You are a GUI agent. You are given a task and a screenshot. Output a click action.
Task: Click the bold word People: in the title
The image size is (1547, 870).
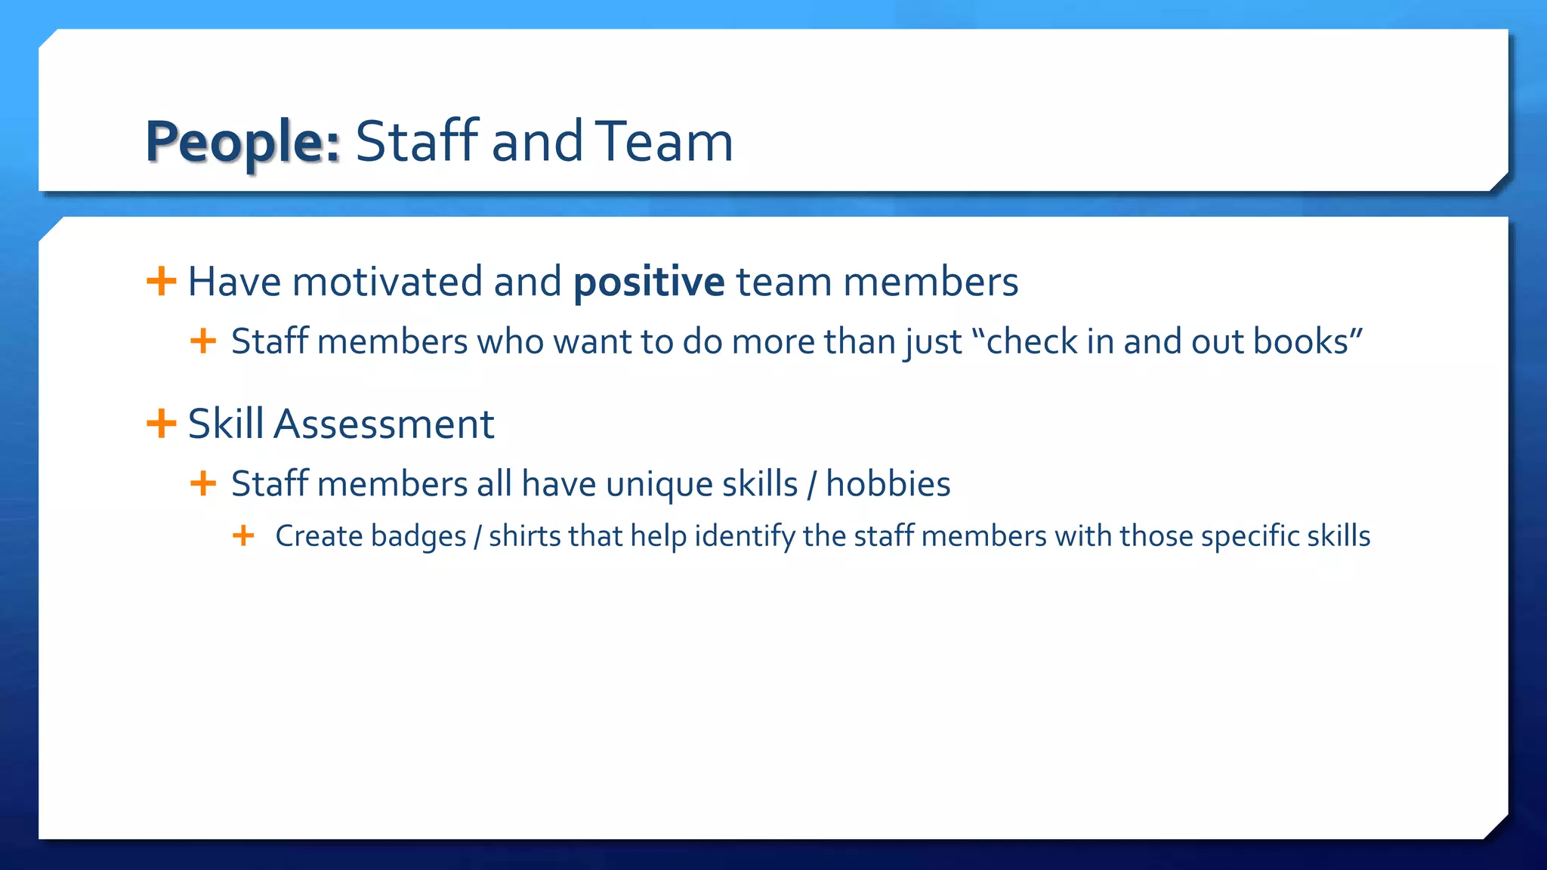point(242,142)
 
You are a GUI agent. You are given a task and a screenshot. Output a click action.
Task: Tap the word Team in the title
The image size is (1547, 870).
point(664,141)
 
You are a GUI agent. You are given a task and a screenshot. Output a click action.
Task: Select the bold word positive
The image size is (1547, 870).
point(649,282)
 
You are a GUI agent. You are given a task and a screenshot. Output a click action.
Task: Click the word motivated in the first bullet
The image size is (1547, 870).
point(387,282)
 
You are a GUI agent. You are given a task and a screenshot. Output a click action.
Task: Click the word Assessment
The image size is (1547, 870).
point(384,424)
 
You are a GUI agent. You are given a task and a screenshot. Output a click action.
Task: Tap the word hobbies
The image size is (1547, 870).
point(888,484)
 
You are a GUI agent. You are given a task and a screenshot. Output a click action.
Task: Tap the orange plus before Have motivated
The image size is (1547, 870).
point(161,282)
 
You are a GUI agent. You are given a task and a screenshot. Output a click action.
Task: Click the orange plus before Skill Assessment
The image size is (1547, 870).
point(161,423)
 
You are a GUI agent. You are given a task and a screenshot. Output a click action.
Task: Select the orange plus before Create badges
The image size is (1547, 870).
point(243,536)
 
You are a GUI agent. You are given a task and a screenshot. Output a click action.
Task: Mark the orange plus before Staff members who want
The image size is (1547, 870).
point(203,341)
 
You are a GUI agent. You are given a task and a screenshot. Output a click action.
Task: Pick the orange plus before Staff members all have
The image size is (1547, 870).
point(203,483)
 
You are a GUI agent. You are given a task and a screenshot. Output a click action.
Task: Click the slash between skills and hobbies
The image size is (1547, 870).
point(811,485)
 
